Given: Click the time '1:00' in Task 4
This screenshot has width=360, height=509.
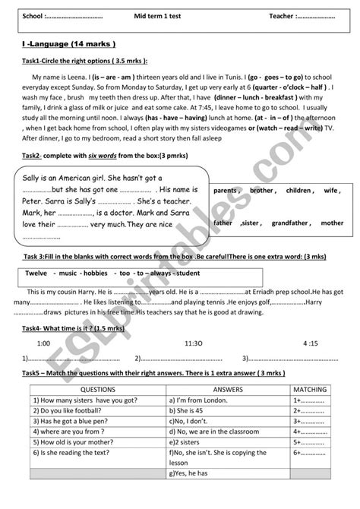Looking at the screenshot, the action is pos(44,321).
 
